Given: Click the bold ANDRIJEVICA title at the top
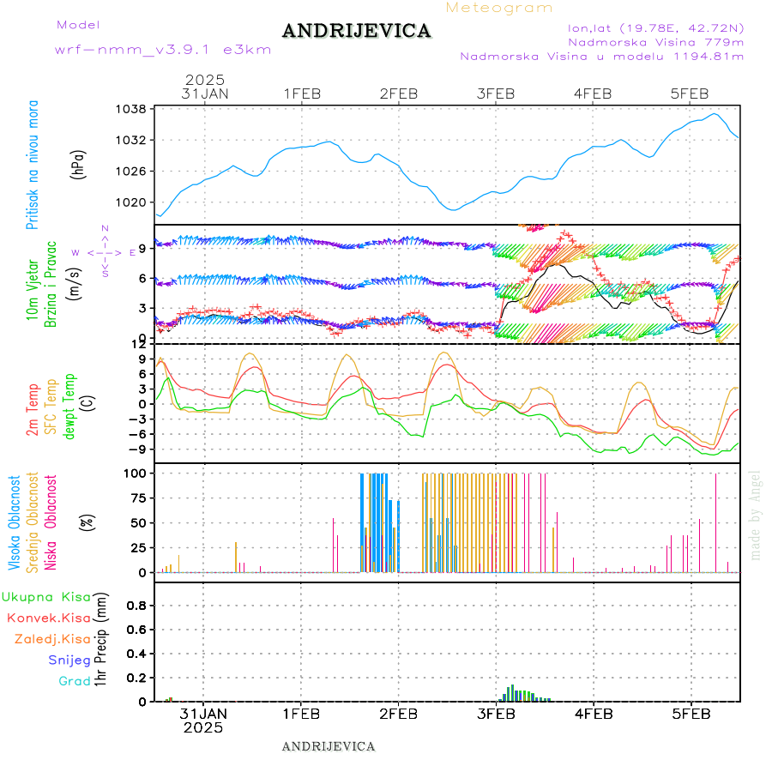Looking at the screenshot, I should [356, 32].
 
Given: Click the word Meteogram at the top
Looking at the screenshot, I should [499, 8].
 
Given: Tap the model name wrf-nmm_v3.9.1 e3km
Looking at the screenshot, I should [163, 50].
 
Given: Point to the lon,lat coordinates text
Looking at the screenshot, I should [649, 27].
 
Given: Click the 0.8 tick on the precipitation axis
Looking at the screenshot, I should [136, 605].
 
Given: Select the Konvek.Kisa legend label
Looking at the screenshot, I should [49, 618].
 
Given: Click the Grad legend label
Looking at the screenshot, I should [74, 681].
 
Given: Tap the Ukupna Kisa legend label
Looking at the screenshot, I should [46, 596].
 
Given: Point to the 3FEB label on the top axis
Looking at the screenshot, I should [496, 93].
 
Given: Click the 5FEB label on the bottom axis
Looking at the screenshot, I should [691, 713].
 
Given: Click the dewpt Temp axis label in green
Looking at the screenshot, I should [69, 406].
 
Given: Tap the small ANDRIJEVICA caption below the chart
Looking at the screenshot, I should [329, 746].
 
